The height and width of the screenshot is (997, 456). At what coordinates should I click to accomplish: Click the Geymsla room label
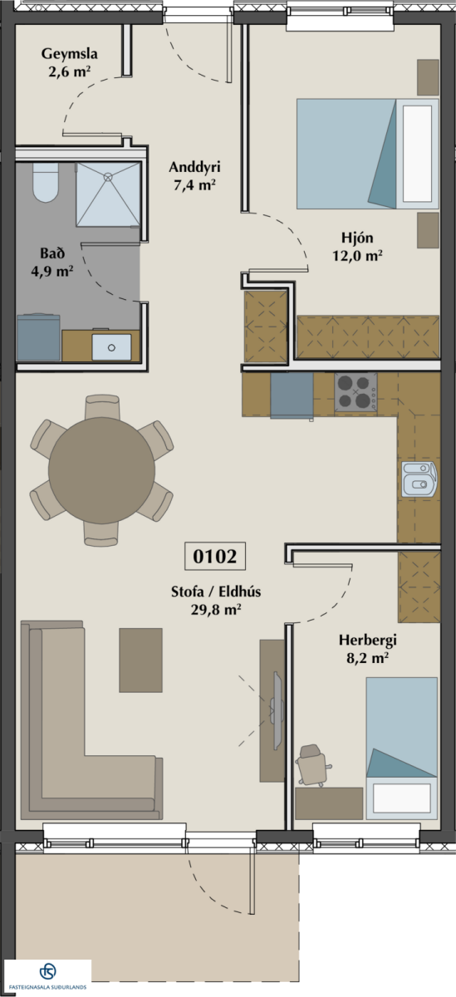(70, 54)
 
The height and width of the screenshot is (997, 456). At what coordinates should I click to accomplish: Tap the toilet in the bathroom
(46, 183)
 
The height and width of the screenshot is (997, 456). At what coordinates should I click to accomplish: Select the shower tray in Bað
(108, 194)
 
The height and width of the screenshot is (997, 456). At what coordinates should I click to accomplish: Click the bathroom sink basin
(111, 347)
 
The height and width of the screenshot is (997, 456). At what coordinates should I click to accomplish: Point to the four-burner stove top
(355, 392)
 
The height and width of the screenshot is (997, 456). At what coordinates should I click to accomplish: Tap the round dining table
(102, 470)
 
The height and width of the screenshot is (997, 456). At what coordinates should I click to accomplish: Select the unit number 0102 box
(215, 556)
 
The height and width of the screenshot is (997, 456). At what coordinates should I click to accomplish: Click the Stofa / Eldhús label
(216, 592)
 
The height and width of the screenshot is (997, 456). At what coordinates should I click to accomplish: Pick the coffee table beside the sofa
(140, 661)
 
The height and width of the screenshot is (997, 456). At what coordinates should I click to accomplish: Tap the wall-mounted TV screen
(277, 710)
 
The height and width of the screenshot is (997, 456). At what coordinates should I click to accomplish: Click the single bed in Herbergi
(402, 748)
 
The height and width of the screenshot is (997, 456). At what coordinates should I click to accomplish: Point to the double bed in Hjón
(368, 154)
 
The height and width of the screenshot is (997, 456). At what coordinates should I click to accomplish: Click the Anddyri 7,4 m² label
(194, 176)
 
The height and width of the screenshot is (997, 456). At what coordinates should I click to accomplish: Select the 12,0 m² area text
(358, 256)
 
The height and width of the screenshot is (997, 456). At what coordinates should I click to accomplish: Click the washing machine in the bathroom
(38, 337)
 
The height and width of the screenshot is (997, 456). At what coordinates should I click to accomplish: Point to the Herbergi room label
(367, 641)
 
